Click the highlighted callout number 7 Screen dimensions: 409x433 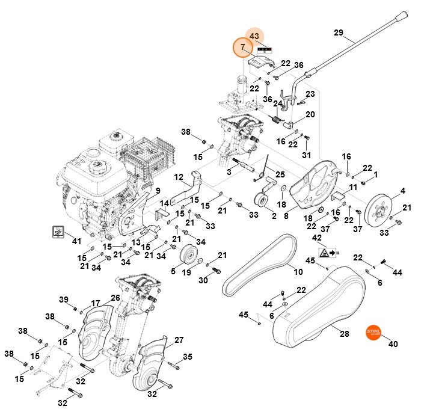click(x=243, y=47)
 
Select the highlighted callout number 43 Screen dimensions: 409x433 click(x=254, y=36)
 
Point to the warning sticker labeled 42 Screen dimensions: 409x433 click(x=328, y=253)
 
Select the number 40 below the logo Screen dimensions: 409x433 click(x=394, y=345)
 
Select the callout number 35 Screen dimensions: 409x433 click(x=188, y=357)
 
